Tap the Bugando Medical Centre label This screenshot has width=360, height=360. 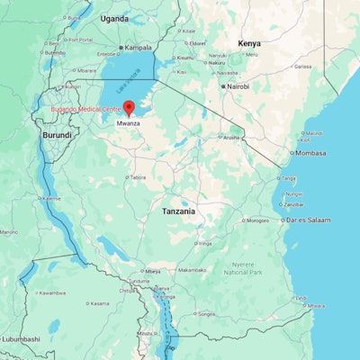(85, 109)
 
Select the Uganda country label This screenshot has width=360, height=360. (114, 18)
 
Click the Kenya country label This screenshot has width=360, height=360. (249, 43)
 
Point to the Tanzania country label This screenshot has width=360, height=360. (178, 211)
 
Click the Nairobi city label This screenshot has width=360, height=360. (238, 86)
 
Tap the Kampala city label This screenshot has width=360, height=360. (138, 47)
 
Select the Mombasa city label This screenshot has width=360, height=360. (310, 153)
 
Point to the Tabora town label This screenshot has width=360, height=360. (137, 177)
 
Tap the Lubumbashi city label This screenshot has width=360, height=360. (20, 338)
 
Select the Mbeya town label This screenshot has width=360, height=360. (152, 270)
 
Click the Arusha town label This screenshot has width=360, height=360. (232, 137)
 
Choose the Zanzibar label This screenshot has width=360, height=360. (293, 204)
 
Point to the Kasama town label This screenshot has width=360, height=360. (98, 303)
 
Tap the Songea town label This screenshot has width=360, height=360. (206, 314)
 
